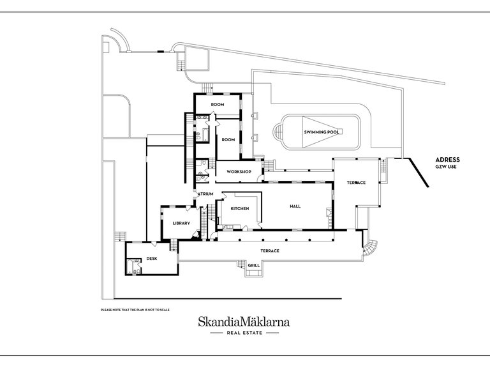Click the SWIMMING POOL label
pyautogui.click(x=322, y=132)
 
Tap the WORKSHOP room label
pyautogui.click(x=239, y=172)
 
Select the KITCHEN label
pyautogui.click(x=240, y=209)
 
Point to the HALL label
pyautogui.click(x=295, y=206)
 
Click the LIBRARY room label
pyautogui.click(x=181, y=224)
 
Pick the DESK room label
pyautogui.click(x=152, y=259)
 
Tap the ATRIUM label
pyautogui.click(x=205, y=194)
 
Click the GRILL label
pyautogui.click(x=254, y=266)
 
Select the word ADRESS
pyautogui.click(x=447, y=160)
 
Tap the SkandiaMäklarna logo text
pyautogui.click(x=244, y=322)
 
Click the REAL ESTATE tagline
pyautogui.click(x=244, y=333)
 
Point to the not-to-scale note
pyautogui.click(x=135, y=310)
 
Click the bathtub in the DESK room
pyautogui.click(x=129, y=267)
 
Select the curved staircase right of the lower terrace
pyautogui.click(x=370, y=247)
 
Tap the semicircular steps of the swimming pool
pyautogui.click(x=278, y=132)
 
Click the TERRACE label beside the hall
pyautogui.click(x=356, y=183)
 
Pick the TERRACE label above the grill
pyautogui.click(x=270, y=251)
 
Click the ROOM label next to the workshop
pyautogui.click(x=228, y=140)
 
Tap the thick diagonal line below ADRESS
pyautogui.click(x=419, y=172)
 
